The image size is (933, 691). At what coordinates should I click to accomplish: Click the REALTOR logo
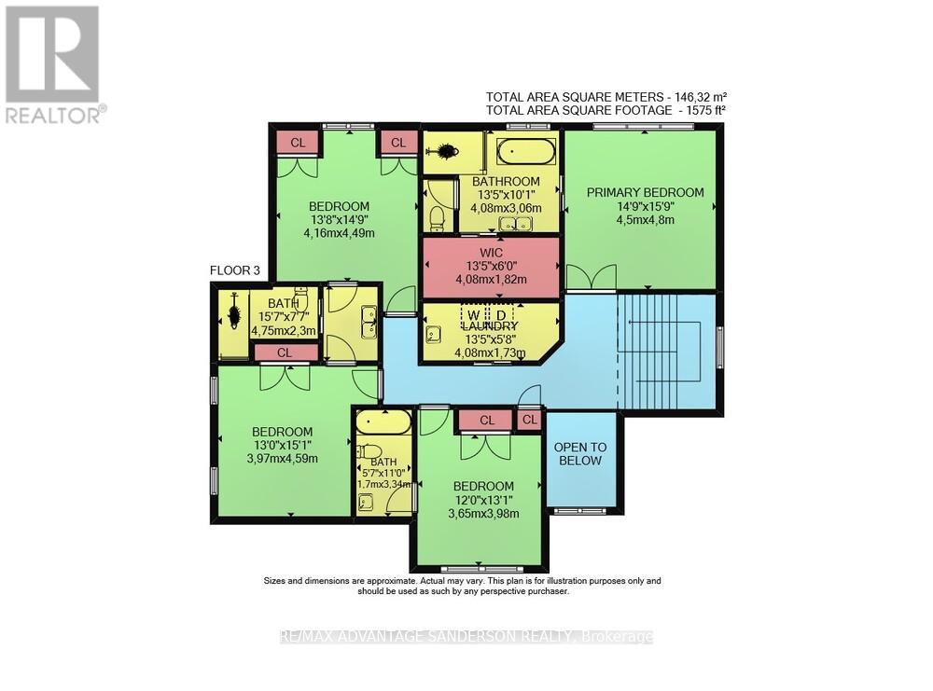pos(53,64)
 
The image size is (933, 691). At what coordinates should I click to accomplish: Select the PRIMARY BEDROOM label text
pos(645,192)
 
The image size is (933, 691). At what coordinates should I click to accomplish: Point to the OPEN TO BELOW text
pos(581,454)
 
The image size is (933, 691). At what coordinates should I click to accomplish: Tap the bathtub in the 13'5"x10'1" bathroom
pos(525,151)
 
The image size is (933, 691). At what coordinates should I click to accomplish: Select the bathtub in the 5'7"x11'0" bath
pos(383,422)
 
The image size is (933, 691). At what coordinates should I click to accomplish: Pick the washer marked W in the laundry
pos(474,315)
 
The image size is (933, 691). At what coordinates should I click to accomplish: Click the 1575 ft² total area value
pos(704,110)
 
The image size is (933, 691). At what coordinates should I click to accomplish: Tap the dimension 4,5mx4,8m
pos(645,220)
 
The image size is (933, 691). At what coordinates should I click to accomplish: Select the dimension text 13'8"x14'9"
pos(339,220)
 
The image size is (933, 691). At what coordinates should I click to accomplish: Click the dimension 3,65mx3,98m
pos(483,514)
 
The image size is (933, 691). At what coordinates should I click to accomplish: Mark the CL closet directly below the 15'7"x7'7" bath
pos(285,352)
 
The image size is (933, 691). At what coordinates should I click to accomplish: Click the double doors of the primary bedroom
pos(592,278)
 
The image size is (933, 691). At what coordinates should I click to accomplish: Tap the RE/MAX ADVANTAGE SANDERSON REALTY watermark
pos(466,637)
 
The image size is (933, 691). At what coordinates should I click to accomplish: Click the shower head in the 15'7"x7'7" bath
pos(233,312)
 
